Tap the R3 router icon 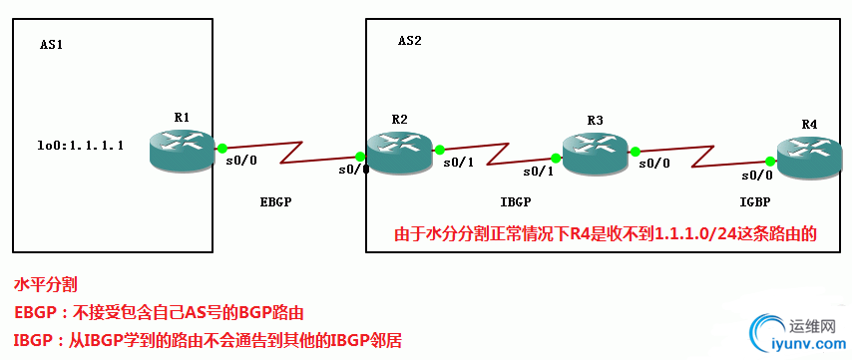point(597,151)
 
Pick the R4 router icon point(809,160)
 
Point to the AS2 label point(410,41)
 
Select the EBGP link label point(275,201)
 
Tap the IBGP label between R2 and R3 point(515,201)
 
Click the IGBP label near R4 point(756,201)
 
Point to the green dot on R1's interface point(221,148)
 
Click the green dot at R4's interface point(771,160)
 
